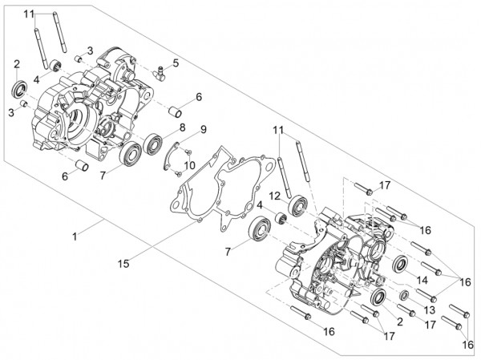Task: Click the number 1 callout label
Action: (75, 237)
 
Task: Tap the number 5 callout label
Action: (176, 63)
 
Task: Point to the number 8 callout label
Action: (183, 127)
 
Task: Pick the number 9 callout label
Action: (204, 129)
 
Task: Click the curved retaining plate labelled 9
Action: (172, 156)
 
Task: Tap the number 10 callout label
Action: (189, 165)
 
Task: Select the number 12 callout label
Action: (275, 196)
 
